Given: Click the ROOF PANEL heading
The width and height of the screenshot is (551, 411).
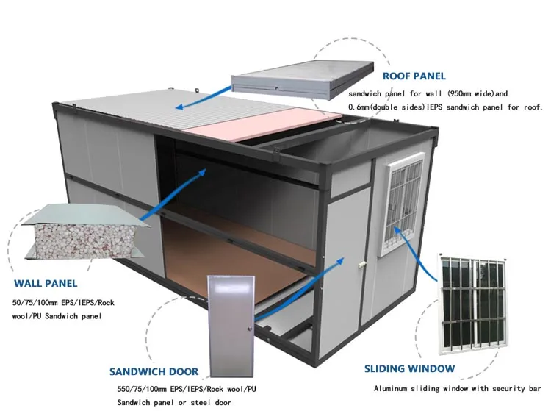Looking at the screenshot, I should (414, 76).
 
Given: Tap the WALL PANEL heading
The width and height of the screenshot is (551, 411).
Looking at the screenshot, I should (45, 283).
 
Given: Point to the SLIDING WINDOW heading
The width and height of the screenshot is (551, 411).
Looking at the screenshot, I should (410, 368).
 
